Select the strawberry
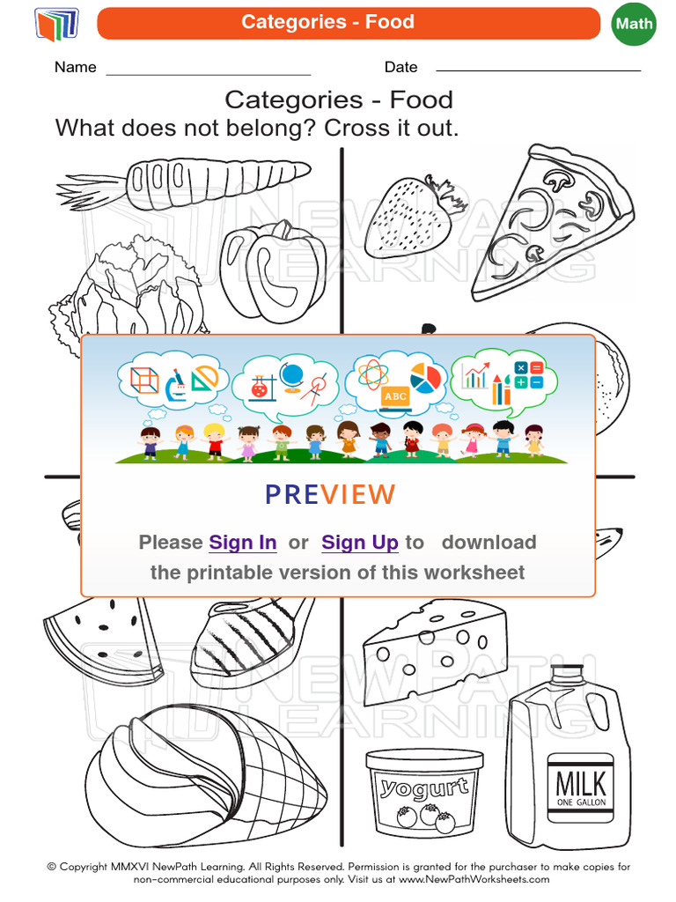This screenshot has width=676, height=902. [x=409, y=216]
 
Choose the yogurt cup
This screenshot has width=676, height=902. [x=424, y=793]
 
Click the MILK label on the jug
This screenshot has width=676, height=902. [x=581, y=783]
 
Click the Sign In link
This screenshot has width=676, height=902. [x=243, y=543]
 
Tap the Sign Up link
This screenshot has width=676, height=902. [x=360, y=543]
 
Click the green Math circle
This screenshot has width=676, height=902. [x=634, y=24]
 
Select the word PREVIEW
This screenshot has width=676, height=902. [x=330, y=495]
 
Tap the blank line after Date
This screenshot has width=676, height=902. [x=538, y=69]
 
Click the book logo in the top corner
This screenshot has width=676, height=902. [x=56, y=24]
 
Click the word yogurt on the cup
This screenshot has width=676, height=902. [x=424, y=786]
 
